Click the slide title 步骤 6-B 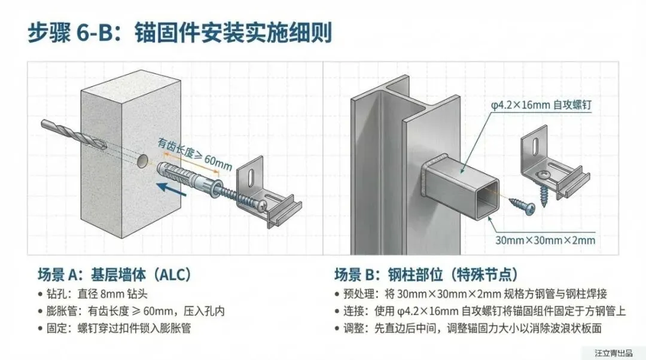[x=179, y=32]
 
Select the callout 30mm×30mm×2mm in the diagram [x=546, y=240]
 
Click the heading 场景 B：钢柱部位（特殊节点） [x=426, y=274]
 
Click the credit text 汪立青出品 [x=613, y=353]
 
